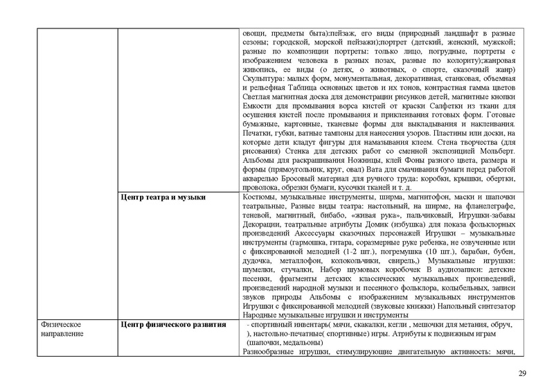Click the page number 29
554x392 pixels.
(x=522, y=375)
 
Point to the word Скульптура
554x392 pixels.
(x=262, y=80)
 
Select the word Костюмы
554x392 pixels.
(x=258, y=198)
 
